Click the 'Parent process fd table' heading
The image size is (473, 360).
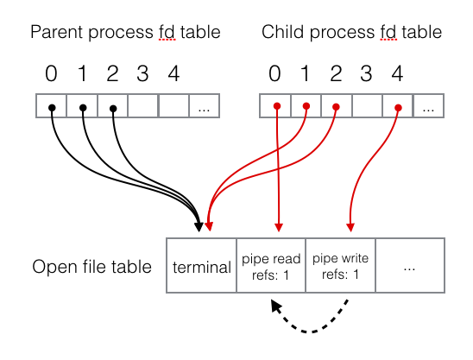(125, 34)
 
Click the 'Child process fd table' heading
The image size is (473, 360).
(351, 34)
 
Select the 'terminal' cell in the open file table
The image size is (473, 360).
(202, 267)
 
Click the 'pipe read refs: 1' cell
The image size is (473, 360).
(271, 267)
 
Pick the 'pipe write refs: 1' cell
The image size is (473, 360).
(341, 267)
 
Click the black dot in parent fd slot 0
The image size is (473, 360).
(52, 107)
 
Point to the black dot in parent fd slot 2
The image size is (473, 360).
(113, 107)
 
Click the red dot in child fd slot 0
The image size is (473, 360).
(276, 107)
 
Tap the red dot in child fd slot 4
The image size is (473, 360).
(398, 107)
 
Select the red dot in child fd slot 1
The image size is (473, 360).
(306, 107)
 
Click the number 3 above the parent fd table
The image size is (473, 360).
(142, 74)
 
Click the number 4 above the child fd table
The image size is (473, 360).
(397, 74)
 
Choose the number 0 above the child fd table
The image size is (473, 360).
(275, 74)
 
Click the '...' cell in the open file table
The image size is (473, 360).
(410, 267)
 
